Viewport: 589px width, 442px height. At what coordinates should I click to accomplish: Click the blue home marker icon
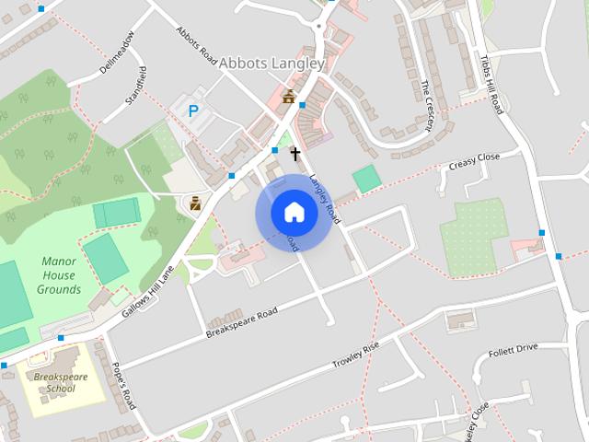tap(294, 213)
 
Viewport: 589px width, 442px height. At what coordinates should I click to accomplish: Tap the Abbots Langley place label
tap(271, 64)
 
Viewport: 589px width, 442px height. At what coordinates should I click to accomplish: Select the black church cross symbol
tap(295, 153)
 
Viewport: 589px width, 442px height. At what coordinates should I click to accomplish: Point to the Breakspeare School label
tap(53, 382)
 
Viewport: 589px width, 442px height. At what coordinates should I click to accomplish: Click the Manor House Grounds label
tap(59, 275)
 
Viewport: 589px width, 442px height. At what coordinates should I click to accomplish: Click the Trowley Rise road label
tap(355, 356)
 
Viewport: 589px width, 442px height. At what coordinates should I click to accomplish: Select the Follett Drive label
tap(514, 349)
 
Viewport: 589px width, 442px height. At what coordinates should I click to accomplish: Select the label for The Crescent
tap(431, 103)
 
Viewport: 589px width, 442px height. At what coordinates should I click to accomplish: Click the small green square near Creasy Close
tap(366, 179)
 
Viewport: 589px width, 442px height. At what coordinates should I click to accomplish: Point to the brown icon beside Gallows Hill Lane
tap(195, 204)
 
